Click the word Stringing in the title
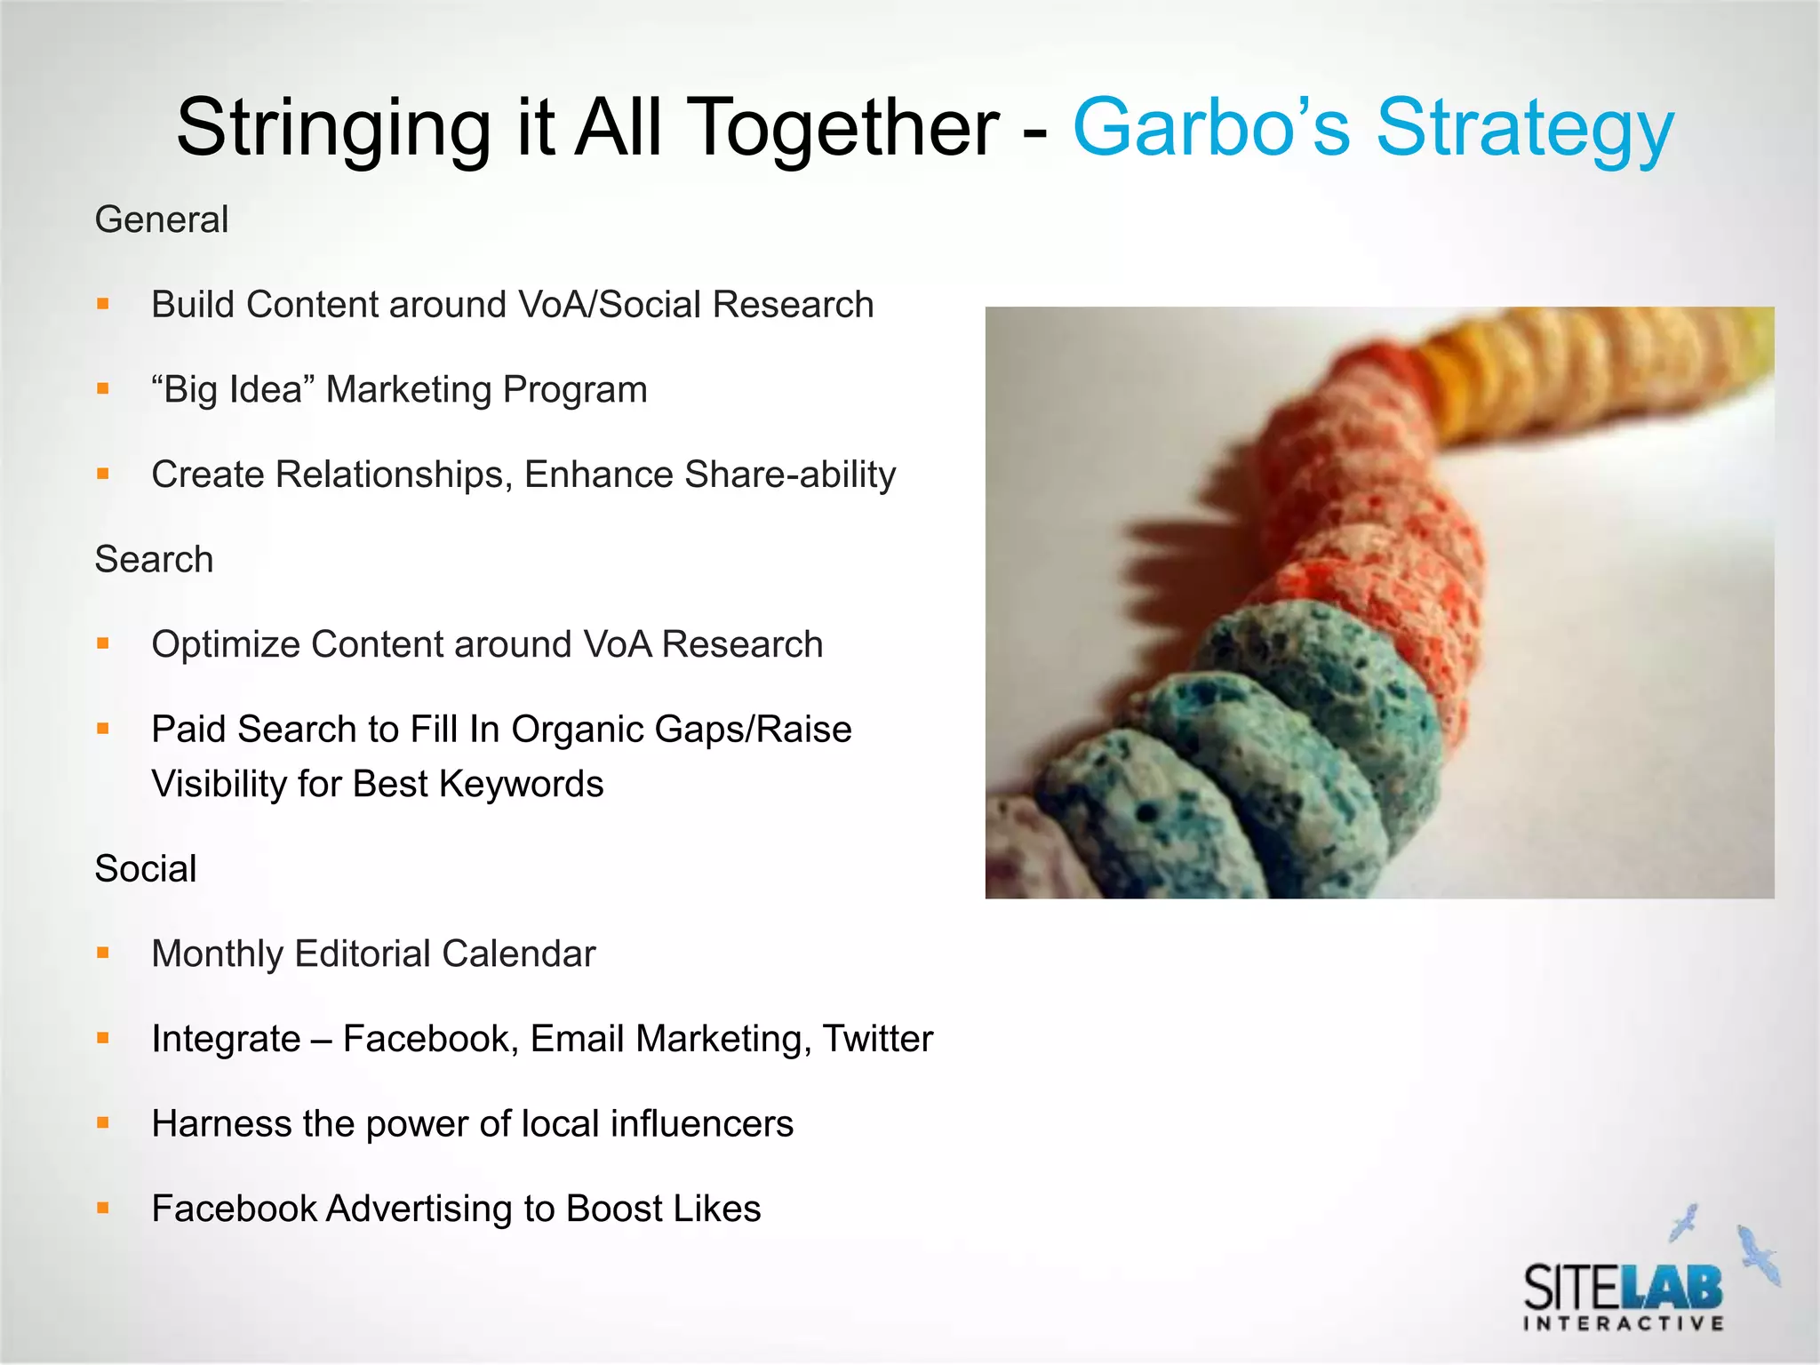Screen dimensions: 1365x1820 point(333,129)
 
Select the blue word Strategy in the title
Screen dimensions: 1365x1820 point(1524,129)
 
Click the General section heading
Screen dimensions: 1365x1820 point(162,220)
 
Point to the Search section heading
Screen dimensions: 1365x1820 point(154,560)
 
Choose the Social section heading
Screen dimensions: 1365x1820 point(146,869)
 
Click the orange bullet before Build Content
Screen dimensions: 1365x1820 point(103,304)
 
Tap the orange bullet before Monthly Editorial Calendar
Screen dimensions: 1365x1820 point(103,954)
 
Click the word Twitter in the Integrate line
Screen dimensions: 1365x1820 point(877,1039)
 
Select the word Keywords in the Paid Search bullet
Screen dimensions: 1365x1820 point(521,784)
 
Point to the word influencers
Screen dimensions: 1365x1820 point(702,1124)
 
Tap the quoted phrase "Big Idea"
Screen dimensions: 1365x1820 point(234,389)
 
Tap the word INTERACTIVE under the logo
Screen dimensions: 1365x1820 point(1624,1324)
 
